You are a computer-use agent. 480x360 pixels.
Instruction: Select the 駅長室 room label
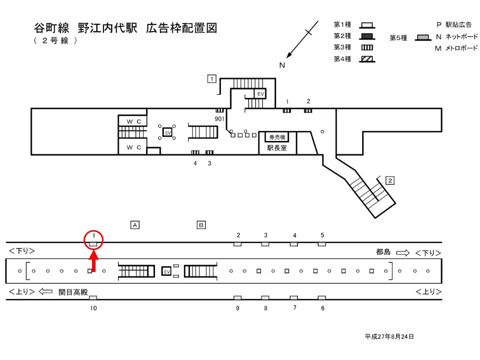coord(277,148)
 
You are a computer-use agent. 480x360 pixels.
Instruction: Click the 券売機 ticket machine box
coord(277,137)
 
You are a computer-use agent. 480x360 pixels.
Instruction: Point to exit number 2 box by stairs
coord(390,180)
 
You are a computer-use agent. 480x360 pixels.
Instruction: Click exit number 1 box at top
coord(212,78)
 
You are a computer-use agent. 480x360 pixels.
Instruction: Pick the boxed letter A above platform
coord(134,225)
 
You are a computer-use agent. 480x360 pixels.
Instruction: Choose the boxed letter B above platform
coord(201,225)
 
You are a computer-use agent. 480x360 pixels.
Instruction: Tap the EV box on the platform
coord(167,271)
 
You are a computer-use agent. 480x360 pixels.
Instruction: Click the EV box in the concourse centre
coord(168,132)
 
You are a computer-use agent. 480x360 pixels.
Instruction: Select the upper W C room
coord(132,121)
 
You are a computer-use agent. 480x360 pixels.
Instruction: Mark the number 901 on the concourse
coord(219,118)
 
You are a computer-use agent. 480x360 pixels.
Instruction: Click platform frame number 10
coord(93,308)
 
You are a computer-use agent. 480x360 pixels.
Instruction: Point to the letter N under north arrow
coord(282,65)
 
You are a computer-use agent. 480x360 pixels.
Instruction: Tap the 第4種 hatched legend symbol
coord(367,59)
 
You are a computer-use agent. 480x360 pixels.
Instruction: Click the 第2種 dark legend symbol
coord(367,36)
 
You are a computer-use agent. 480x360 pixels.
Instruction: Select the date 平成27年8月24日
coord(389,336)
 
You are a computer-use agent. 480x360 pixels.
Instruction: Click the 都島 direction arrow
coord(402,253)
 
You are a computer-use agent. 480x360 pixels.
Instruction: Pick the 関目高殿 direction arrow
coord(45,291)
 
